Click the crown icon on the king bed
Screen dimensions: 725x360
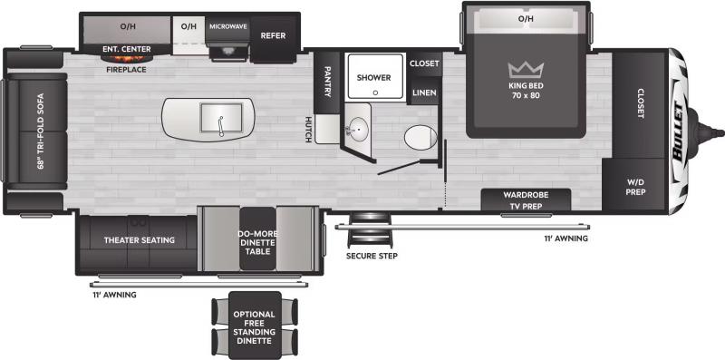coord(526,70)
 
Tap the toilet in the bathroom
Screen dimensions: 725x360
coord(420,137)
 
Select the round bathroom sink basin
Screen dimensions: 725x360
coord(358,125)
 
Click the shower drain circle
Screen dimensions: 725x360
coord(375,92)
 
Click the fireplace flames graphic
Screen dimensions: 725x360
coord(127,59)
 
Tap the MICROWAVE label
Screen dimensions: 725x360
coord(228,26)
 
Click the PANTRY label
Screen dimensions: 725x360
coord(327,81)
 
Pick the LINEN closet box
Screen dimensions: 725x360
coord(424,92)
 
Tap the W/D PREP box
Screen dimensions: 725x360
coord(633,185)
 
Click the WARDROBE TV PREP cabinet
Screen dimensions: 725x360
coord(526,199)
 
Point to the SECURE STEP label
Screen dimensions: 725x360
coord(372,256)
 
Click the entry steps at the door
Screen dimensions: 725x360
coord(371,230)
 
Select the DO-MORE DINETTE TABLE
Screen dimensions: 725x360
coord(257,238)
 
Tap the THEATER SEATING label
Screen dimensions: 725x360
coord(140,240)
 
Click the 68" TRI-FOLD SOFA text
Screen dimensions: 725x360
coord(41,131)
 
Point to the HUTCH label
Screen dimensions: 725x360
coord(308,129)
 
